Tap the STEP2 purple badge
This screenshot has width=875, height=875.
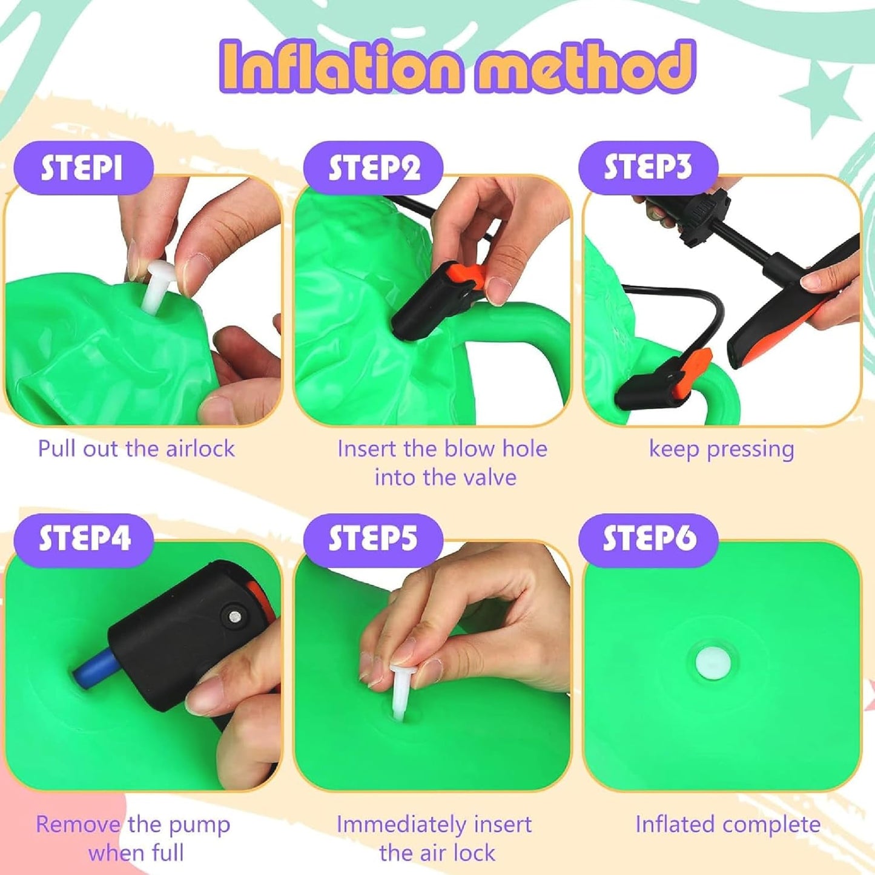pos(373,168)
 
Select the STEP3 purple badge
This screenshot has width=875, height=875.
pos(648,168)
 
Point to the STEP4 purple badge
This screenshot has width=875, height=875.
pos(84,540)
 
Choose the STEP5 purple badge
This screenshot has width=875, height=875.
pos(373,540)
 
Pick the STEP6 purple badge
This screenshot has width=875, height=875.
pos(648,540)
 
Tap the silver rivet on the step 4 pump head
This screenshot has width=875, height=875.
pos(235,616)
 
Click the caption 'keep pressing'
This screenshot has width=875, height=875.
pos(722,449)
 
